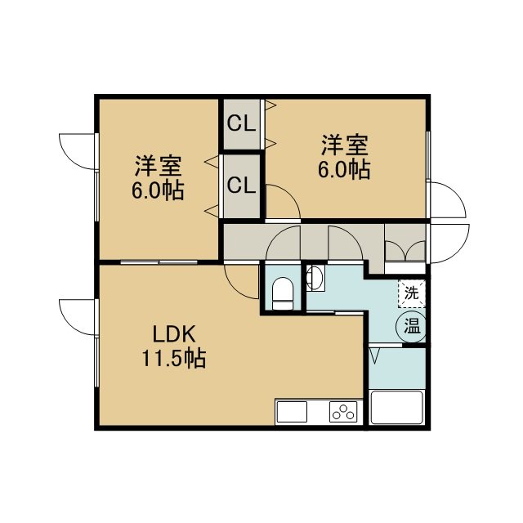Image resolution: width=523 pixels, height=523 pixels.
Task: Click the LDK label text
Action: tap(174, 334)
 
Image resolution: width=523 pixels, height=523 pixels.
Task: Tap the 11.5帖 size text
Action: tap(174, 358)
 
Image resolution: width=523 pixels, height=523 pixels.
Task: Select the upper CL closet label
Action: tap(241, 124)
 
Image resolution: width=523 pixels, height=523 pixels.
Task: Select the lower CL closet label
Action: tap(241, 186)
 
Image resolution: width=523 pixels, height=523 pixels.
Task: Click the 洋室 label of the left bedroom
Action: tap(158, 166)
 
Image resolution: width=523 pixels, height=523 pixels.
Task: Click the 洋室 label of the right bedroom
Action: tap(345, 145)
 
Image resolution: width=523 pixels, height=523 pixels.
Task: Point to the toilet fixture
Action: tap(283, 293)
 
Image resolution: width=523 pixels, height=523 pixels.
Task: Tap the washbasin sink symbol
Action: tap(315, 278)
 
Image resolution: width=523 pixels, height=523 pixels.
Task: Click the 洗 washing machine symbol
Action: tap(412, 293)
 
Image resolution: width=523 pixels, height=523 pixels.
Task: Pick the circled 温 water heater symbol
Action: tap(411, 327)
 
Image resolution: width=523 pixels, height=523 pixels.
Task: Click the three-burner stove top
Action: tap(343, 412)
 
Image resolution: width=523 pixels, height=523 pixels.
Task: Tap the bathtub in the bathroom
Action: tap(397, 407)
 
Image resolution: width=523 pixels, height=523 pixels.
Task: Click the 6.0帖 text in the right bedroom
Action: tap(345, 170)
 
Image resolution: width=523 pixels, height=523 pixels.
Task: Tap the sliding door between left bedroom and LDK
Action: tap(159, 261)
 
